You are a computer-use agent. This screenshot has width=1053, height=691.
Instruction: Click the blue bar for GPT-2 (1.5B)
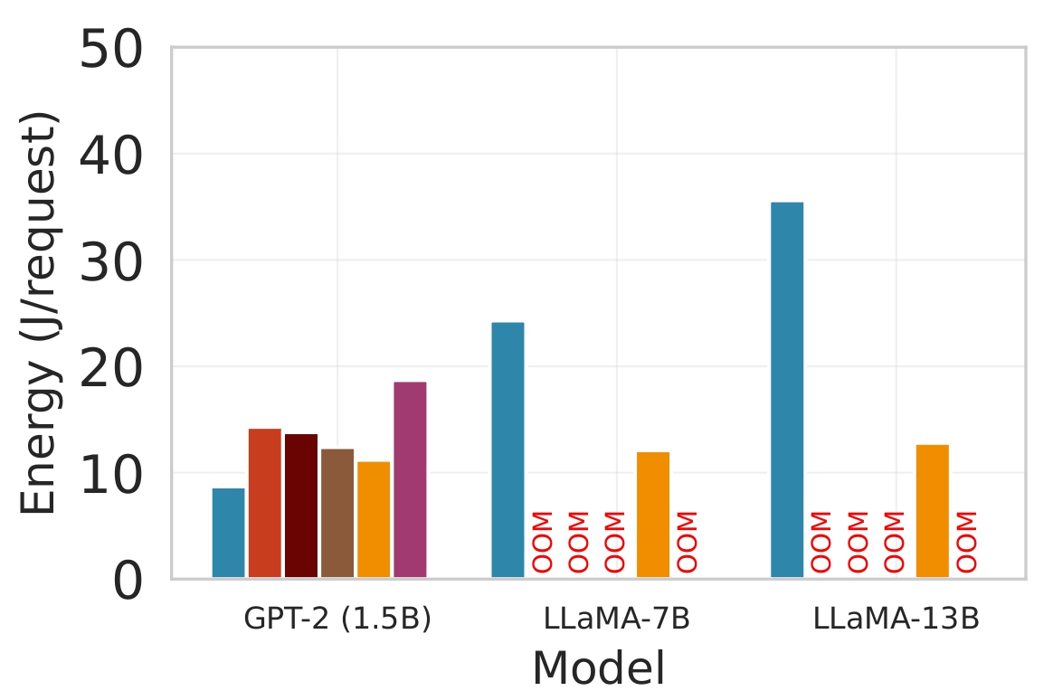point(228,533)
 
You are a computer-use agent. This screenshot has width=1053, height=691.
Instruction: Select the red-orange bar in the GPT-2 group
point(264,503)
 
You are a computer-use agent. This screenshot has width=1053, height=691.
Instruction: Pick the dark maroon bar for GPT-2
point(300,506)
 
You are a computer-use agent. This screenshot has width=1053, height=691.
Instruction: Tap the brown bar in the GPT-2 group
point(337,513)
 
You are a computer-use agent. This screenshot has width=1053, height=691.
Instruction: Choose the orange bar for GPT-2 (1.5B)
point(373,519)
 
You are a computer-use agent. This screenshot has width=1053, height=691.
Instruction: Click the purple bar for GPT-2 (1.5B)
point(410,479)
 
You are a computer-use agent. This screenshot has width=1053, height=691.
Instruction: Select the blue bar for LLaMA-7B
point(508,450)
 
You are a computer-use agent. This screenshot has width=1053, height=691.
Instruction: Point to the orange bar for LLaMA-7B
point(653,515)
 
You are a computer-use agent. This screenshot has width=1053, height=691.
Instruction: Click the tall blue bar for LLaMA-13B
point(787,390)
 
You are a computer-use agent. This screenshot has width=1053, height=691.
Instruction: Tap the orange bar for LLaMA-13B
point(933,511)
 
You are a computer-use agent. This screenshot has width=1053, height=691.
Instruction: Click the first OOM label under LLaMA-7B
point(543,542)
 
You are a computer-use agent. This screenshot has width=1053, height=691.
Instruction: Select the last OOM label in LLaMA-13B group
point(968,542)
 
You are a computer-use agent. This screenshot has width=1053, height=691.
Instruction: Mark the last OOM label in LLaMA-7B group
point(688,542)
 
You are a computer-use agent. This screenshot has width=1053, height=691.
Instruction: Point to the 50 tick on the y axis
point(111,49)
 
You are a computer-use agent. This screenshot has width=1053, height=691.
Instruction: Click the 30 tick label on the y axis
point(111,261)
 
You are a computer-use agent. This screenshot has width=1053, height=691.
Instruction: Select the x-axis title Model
point(598,668)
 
